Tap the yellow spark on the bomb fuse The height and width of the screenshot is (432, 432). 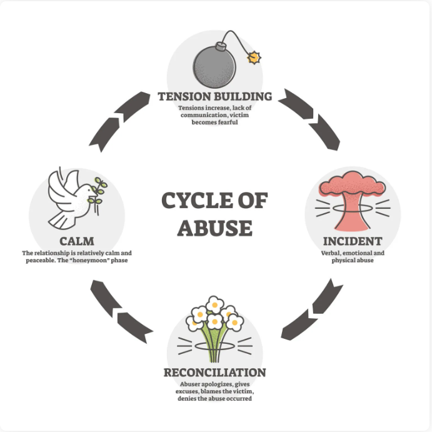click(x=254, y=58)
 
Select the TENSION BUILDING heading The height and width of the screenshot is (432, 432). click(x=214, y=96)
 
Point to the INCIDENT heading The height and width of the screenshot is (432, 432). click(x=353, y=241)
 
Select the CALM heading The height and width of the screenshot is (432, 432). click(x=77, y=241)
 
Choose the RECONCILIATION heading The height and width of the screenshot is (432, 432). click(x=214, y=373)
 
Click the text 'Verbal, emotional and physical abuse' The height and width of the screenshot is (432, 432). click(x=353, y=256)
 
